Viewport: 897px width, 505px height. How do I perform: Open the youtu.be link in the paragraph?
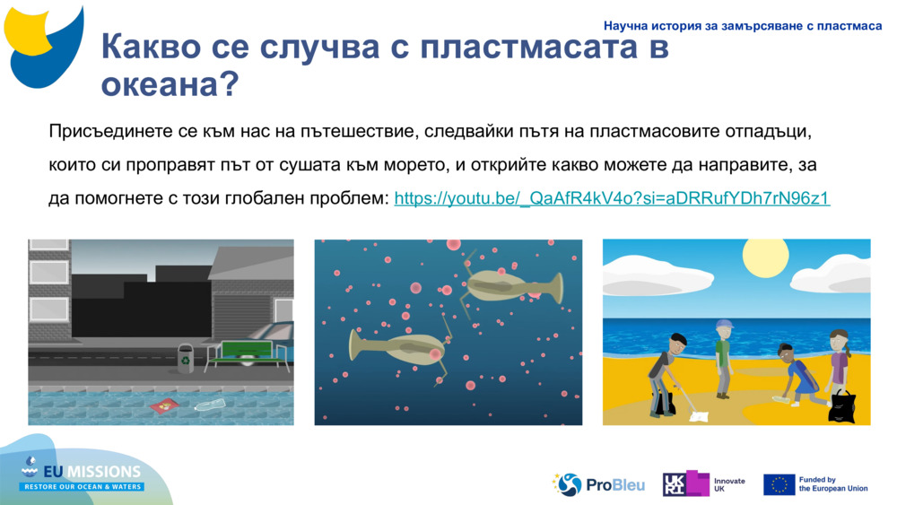pos(612,198)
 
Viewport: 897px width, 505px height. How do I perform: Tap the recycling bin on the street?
pos(186,358)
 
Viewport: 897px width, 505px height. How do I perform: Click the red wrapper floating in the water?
pos(166,406)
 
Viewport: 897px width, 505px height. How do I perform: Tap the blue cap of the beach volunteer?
pos(725,324)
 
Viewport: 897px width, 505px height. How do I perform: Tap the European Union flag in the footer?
pos(779,484)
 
